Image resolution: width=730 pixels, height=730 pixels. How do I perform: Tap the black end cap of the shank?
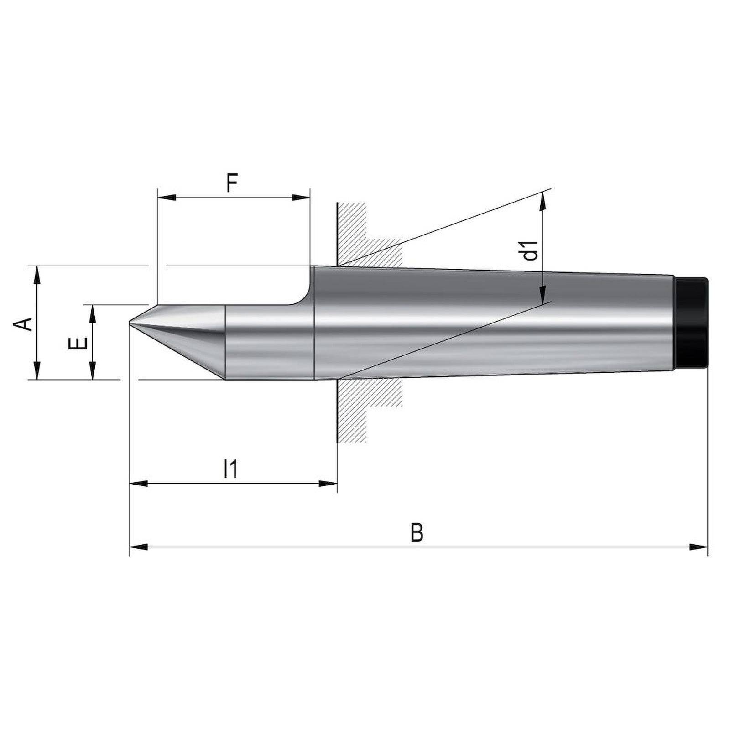(x=691, y=322)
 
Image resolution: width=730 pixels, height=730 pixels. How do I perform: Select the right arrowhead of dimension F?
(x=301, y=198)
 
